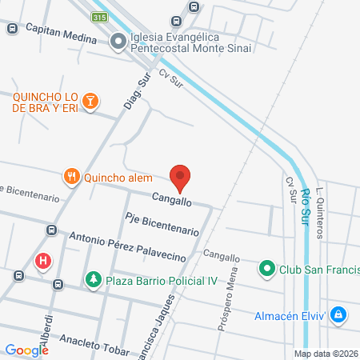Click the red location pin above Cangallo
pos(181,176)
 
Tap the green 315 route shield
pos(99,17)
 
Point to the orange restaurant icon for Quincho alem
pos(72,177)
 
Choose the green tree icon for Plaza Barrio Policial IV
pos(94,278)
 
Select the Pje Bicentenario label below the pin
pos(162,223)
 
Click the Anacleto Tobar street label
pos(83,346)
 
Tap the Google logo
pos(26,350)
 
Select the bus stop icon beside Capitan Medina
pos(12,28)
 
